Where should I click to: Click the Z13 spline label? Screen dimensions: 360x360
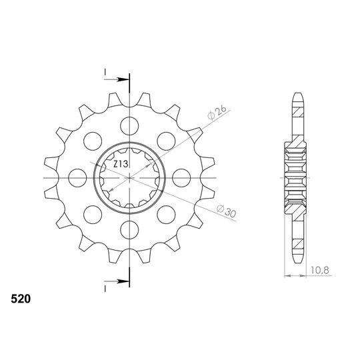tap(121, 164)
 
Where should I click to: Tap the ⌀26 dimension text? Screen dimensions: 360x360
tap(217, 113)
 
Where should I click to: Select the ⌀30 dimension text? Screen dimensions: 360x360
tap(226, 211)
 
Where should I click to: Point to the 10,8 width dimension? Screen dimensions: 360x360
tap(320, 270)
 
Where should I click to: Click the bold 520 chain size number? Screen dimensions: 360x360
tap(21, 299)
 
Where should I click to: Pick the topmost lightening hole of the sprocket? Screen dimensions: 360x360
tap(129, 126)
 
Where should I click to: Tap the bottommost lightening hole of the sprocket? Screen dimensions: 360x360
tap(129, 230)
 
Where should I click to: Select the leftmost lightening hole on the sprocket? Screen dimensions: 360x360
tap(77, 178)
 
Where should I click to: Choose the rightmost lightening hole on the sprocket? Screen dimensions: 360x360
tap(181, 178)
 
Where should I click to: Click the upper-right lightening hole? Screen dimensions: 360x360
tap(166, 141)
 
